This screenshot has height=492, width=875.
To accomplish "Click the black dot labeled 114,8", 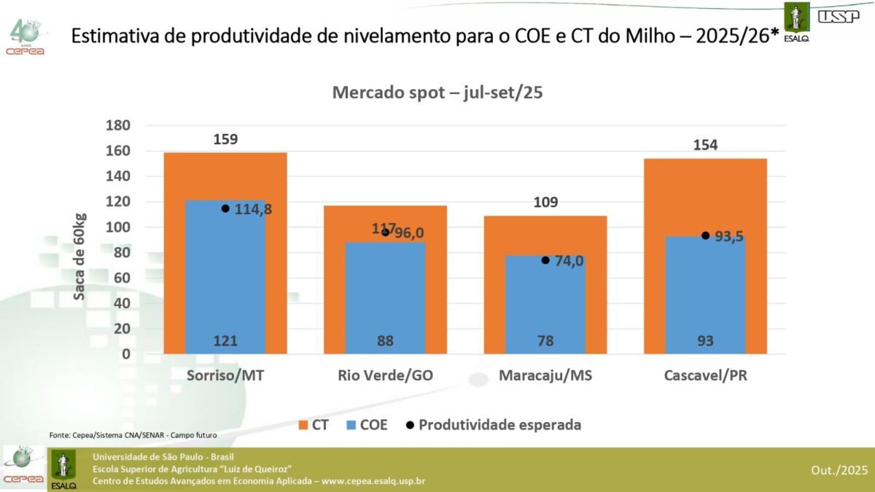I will point(225,208).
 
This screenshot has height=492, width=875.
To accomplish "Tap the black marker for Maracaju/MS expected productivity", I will point(545,260).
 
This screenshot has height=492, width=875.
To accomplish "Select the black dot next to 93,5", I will point(705,235).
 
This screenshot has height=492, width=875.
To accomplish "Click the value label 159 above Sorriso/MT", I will point(225,139).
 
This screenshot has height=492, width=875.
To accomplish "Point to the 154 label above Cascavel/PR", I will point(705,145).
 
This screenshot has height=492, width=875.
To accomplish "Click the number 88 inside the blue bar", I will point(385,340).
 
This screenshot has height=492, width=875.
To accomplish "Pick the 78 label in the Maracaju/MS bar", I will point(545,340).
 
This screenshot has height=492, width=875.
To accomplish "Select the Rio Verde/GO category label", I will point(385,376).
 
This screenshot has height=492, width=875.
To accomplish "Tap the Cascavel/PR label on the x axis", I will point(705,376).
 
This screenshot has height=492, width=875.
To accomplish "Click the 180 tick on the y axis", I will point(117,125).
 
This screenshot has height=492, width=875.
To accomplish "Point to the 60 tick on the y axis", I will point(122,278).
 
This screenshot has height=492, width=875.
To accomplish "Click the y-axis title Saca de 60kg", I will point(80,257).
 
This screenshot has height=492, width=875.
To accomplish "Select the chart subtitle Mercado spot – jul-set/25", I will point(437,93).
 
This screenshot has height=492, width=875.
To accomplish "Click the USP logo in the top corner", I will point(839,16).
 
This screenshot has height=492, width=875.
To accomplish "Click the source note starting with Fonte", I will point(133,435).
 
